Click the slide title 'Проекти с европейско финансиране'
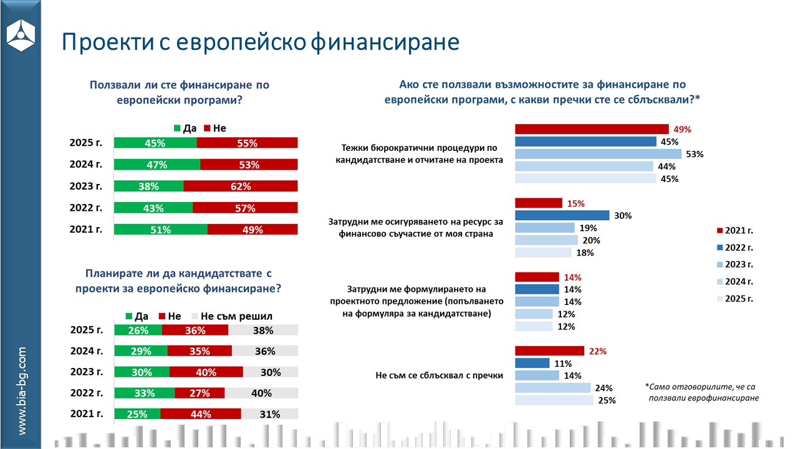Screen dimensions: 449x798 point(260,42)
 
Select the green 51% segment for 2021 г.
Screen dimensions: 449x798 point(160,229)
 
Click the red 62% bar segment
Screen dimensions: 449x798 point(240,186)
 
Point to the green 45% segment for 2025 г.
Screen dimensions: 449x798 point(155,143)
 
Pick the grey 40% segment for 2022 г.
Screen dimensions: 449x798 point(261,393)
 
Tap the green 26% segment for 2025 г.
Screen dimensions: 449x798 point(138,331)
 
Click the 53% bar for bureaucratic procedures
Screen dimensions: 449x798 point(598,154)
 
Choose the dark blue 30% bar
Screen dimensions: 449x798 point(562,215)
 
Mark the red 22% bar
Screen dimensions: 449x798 point(549,351)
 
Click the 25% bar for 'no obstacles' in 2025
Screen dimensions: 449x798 point(554,400)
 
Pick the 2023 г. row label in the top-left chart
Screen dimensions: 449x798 point(86,186)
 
